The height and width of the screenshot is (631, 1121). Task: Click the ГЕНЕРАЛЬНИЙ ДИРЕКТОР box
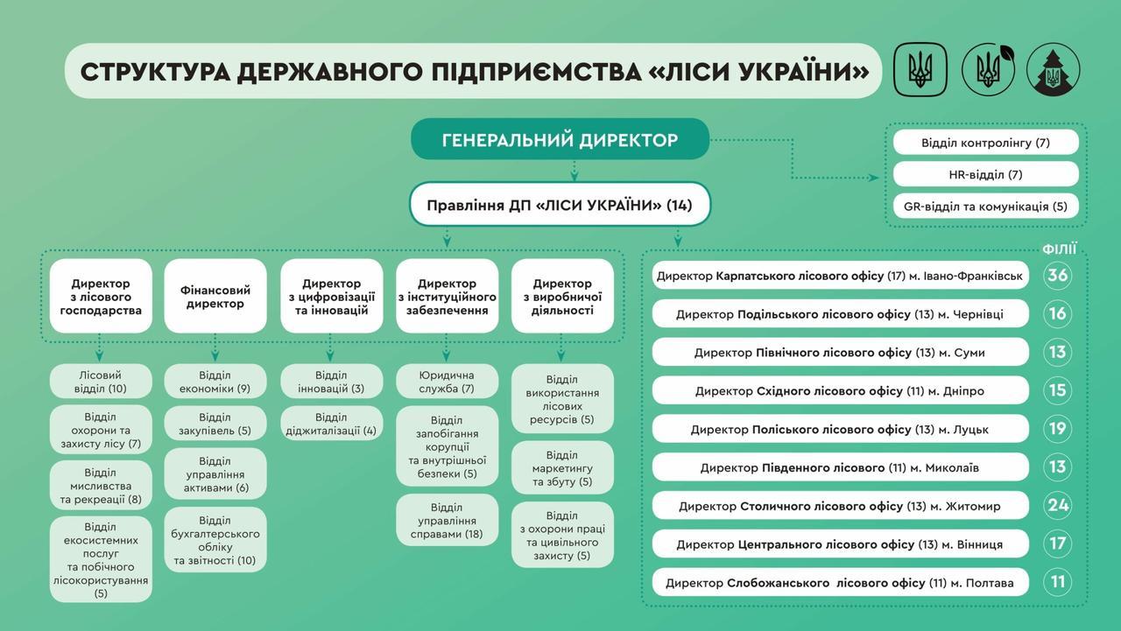point(560,139)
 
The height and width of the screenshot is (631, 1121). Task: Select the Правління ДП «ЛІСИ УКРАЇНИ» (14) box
point(560,205)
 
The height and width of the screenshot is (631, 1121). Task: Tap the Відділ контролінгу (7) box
point(985,143)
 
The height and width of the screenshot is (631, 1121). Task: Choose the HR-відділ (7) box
point(985,174)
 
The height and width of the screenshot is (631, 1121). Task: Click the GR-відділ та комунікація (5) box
point(985,206)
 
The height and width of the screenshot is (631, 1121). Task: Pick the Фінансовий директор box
point(215,296)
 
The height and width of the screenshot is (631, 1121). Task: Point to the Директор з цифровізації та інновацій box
point(331,296)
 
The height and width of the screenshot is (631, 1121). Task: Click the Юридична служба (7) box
point(447,382)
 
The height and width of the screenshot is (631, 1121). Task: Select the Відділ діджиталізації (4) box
point(331,423)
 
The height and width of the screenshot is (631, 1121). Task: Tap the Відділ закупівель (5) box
point(215,423)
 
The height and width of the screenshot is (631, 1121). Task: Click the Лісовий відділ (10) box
point(101,382)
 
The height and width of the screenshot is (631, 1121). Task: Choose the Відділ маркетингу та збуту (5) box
point(562,467)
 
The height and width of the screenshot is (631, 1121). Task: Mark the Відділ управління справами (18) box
point(447,520)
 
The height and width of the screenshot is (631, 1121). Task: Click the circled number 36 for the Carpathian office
point(1057,275)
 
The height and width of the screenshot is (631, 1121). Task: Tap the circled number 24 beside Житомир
point(1057,505)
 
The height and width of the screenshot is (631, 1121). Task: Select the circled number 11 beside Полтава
point(1057,582)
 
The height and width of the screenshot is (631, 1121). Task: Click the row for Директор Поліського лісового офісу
point(840,429)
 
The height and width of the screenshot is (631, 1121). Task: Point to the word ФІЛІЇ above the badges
point(1059,249)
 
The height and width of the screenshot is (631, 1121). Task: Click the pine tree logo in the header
point(1053,69)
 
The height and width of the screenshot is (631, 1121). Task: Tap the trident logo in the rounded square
point(920,69)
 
